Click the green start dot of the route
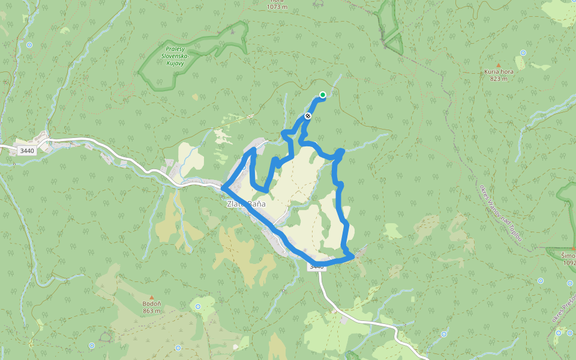[323, 94]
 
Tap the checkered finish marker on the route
[308, 116]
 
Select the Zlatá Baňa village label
[246, 205]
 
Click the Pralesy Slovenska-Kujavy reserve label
[175, 56]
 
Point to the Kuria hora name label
[499, 71]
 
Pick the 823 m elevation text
[499, 79]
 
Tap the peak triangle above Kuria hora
[498, 65]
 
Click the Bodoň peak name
[152, 304]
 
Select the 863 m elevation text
[152, 311]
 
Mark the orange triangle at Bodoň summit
[152, 298]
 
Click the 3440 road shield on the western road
[27, 151]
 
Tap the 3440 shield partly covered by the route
[317, 266]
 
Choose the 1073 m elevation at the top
[278, 7]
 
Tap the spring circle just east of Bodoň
[178, 347]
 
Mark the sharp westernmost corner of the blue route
[223, 188]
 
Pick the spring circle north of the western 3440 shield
[28, 45]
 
